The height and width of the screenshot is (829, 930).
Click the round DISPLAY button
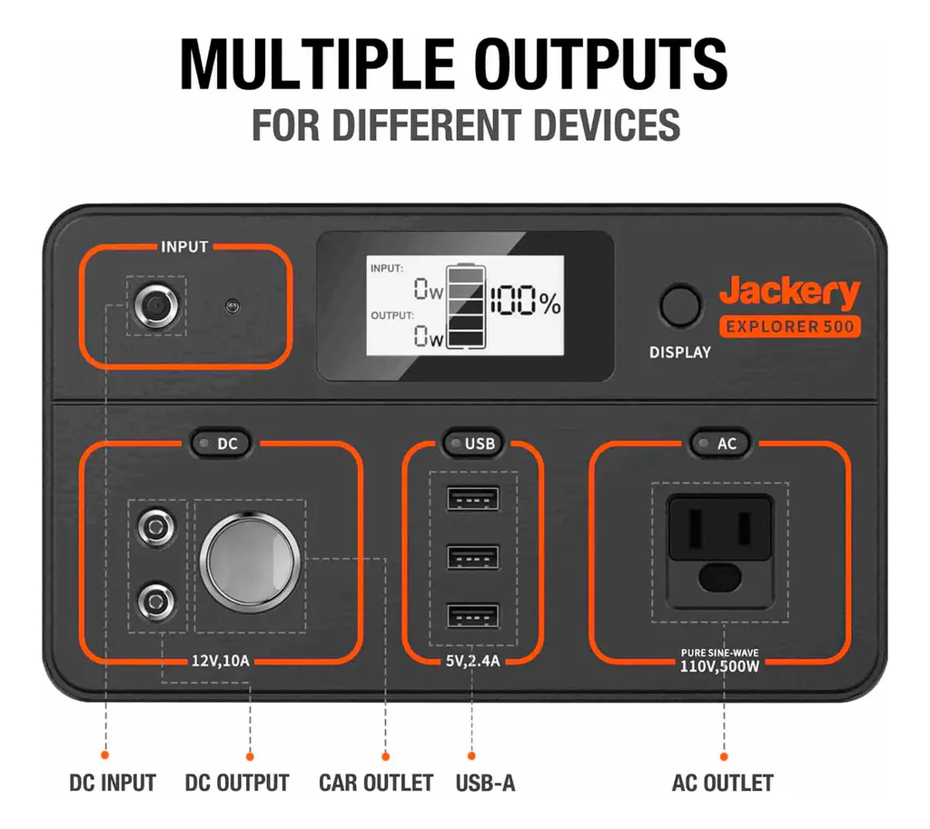tap(679, 306)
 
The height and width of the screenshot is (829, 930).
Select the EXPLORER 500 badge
tap(789, 326)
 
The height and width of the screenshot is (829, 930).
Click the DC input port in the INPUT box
tap(156, 306)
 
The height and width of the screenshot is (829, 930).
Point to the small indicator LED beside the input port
tap(232, 306)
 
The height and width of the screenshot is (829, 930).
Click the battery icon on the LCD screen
tap(466, 306)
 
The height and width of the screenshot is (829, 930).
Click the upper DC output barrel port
tap(156, 526)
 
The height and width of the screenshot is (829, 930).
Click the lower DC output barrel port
tap(156, 602)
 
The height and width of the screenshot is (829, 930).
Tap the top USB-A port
tap(472, 499)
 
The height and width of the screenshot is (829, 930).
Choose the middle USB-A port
tap(472, 557)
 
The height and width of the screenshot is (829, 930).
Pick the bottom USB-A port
tap(472, 616)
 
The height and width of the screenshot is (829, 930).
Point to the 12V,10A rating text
tap(220, 661)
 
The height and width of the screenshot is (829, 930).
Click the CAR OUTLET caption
tap(376, 783)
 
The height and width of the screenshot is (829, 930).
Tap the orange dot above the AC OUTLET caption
tap(724, 756)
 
